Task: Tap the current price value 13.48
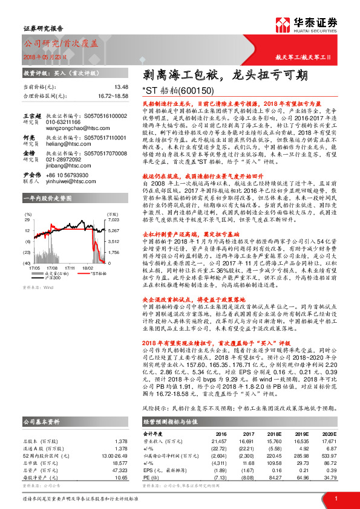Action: [121, 87]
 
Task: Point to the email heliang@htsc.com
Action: [64, 144]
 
